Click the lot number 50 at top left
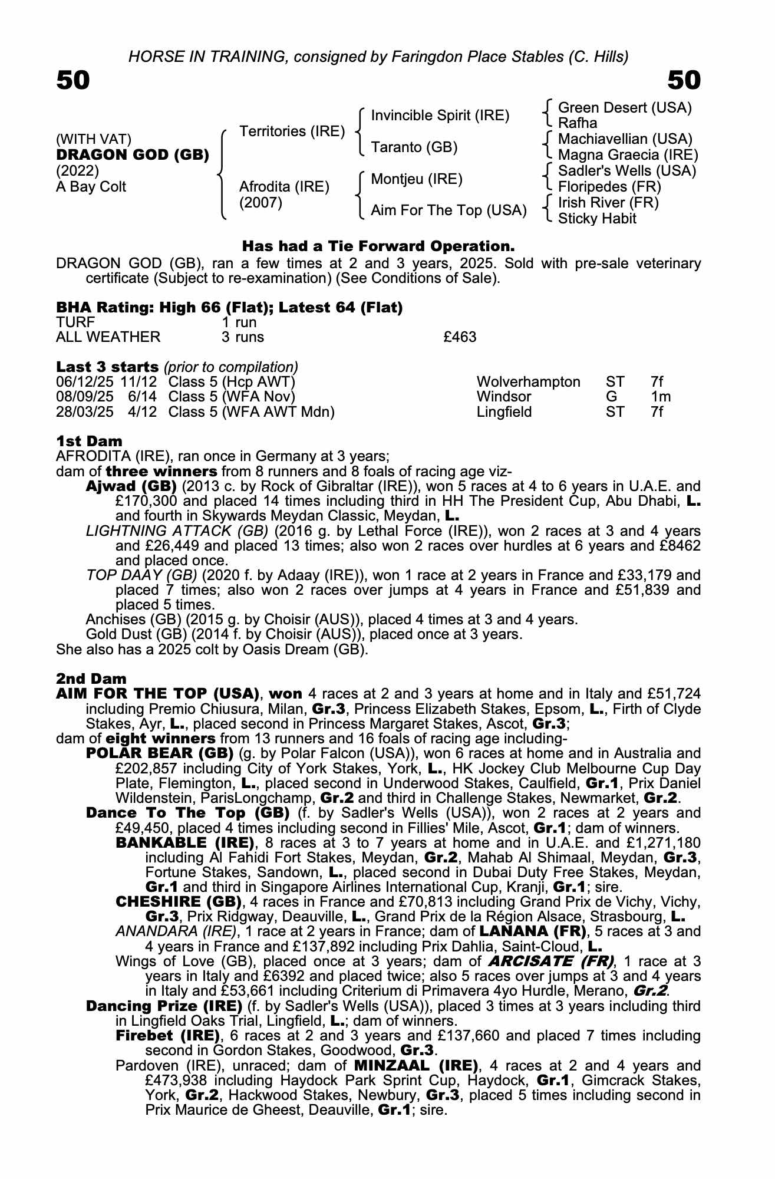(x=73, y=80)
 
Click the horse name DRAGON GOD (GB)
(x=133, y=155)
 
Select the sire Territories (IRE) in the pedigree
(x=292, y=131)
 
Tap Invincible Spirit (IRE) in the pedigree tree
(x=440, y=116)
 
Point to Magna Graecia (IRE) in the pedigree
(x=628, y=155)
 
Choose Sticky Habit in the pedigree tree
(x=597, y=219)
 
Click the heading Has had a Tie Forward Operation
(x=378, y=245)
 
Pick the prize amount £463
(x=460, y=337)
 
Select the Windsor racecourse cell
(x=504, y=397)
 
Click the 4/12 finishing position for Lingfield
(x=143, y=412)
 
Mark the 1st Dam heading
(x=89, y=441)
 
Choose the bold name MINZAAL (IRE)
(x=415, y=1066)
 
